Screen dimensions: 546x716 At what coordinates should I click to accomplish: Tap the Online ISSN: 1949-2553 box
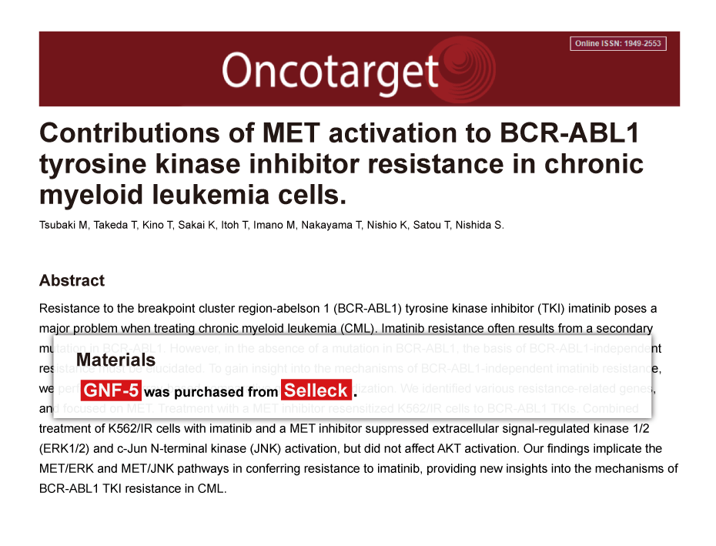pos(618,43)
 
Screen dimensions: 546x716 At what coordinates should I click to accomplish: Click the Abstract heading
pos(72,280)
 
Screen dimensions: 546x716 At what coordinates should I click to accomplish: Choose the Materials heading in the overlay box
pos(115,360)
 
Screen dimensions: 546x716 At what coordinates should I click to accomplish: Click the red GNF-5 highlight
pos(110,391)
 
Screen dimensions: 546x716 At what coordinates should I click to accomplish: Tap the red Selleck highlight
pos(316,391)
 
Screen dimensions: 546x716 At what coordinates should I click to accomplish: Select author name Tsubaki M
pos(63,226)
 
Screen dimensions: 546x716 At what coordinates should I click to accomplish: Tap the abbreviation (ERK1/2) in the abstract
pos(62,448)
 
